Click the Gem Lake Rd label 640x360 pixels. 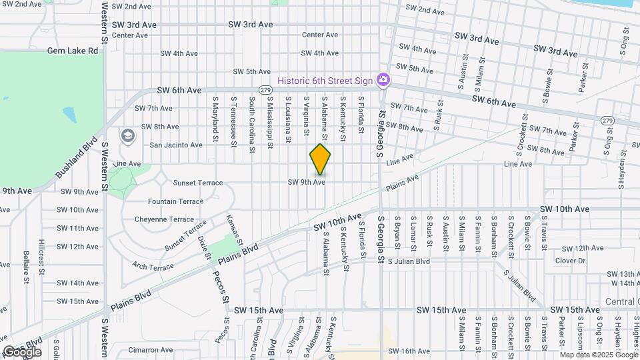[73, 50]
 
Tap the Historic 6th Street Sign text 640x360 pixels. [325, 81]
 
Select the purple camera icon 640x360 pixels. [383, 81]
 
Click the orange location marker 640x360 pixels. [321, 160]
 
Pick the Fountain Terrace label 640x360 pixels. [175, 201]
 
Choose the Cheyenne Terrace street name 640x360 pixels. [164, 219]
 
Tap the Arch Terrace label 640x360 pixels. [153, 267]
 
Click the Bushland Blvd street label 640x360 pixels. [77, 158]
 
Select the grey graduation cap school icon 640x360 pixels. [127, 136]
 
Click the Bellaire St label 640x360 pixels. [25, 265]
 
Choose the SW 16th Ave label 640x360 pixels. [408, 351]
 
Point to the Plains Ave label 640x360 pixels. [402, 183]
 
